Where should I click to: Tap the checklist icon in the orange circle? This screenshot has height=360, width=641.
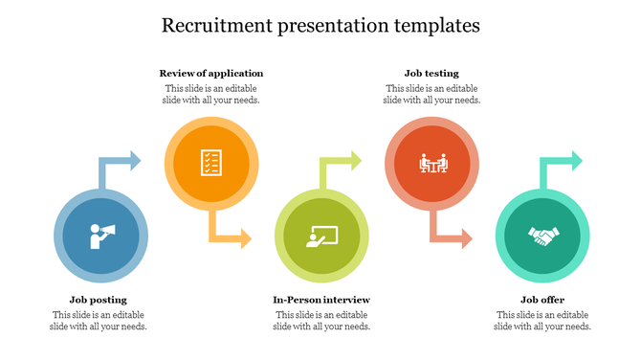coord(211,163)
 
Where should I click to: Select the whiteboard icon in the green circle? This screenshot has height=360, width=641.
coord(320,235)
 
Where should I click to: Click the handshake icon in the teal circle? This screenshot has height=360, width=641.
coord(542,235)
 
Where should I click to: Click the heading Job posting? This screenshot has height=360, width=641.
coord(98,300)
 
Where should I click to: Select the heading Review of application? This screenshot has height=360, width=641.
coord(211,73)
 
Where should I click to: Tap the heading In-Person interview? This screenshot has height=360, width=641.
coord(321,300)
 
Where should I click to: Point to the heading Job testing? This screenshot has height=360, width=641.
coord(431,73)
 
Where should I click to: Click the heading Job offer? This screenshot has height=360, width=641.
coord(542,300)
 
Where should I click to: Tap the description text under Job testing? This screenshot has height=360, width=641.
coord(431,94)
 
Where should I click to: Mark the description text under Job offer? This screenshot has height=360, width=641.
coord(542,321)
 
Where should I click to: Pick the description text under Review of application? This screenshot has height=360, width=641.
coord(211,94)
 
